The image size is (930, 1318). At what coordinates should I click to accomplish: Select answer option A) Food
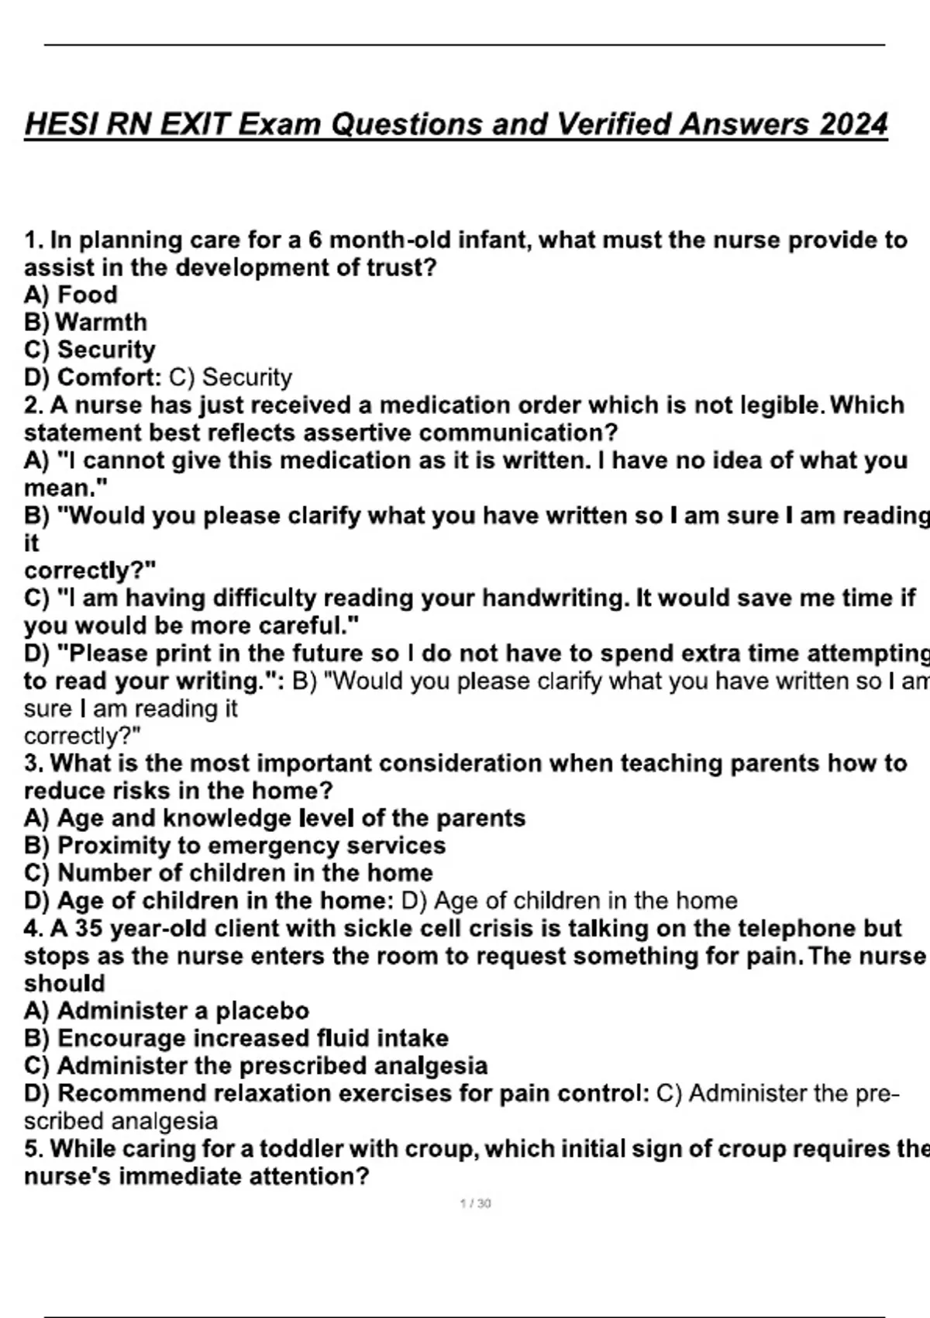71,295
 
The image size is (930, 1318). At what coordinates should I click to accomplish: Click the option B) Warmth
85,322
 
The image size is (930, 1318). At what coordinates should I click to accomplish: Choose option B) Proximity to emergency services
235,845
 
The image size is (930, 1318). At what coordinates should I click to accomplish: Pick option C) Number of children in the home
229,872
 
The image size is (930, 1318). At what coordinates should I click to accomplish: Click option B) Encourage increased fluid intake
236,1038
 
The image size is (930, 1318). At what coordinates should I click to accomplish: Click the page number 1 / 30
475,1203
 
